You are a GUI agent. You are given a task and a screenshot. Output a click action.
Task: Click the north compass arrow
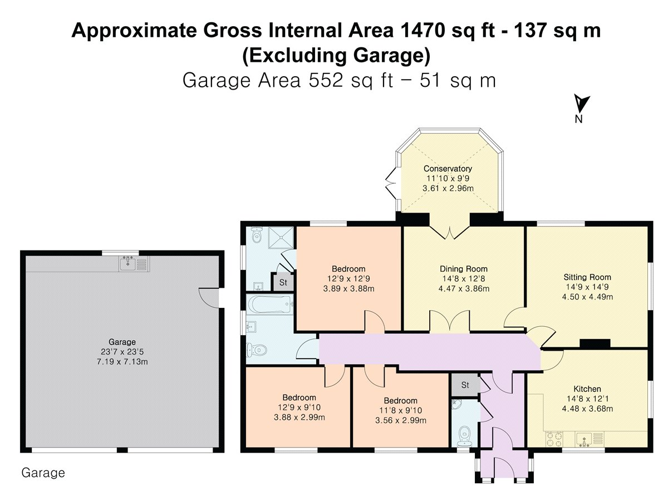581,104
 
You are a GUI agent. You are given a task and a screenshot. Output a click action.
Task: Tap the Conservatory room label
448,169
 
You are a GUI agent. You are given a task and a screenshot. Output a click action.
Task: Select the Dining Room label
464,269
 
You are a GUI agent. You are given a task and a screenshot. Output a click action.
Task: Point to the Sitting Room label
587,277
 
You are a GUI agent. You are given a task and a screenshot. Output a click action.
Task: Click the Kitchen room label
587,389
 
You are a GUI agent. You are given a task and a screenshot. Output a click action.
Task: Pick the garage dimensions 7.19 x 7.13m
122,362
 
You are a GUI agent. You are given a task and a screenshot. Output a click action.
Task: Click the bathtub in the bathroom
269,304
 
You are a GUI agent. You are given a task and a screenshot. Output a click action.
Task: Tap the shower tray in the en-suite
281,238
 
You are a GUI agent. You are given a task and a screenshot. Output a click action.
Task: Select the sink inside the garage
134,263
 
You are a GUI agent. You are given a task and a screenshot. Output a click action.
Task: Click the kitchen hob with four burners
554,439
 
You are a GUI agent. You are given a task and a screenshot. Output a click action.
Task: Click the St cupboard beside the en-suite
283,283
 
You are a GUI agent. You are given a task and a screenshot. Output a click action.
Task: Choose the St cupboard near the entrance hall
465,385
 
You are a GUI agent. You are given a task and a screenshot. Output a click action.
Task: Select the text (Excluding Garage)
336,56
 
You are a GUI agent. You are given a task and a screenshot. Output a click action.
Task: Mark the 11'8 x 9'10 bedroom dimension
400,410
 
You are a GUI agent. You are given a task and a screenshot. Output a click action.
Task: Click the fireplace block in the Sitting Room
595,343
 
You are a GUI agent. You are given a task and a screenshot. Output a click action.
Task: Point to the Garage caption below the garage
43,473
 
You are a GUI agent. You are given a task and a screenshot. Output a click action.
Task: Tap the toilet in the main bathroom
256,350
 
